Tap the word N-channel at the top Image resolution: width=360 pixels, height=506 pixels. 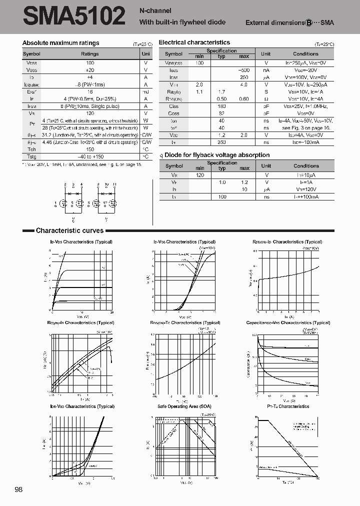coord(155,11)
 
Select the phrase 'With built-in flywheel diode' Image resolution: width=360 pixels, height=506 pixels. coord(182,22)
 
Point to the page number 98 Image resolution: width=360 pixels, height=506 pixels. coord(19,489)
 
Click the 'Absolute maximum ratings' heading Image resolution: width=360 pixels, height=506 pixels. coord(61,43)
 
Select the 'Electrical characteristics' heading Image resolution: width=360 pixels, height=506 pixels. coord(194,42)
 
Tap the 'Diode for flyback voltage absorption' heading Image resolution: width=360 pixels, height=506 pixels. coord(216,155)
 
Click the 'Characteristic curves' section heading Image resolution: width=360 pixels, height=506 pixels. coord(69,231)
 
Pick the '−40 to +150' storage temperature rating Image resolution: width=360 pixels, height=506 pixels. coord(90,156)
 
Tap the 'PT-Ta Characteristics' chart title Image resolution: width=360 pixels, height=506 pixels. coord(288,406)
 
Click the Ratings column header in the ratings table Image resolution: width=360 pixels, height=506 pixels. coord(90,54)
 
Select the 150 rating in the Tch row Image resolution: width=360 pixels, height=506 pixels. coord(90,149)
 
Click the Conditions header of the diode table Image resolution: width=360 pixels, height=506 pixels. coord(306,166)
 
